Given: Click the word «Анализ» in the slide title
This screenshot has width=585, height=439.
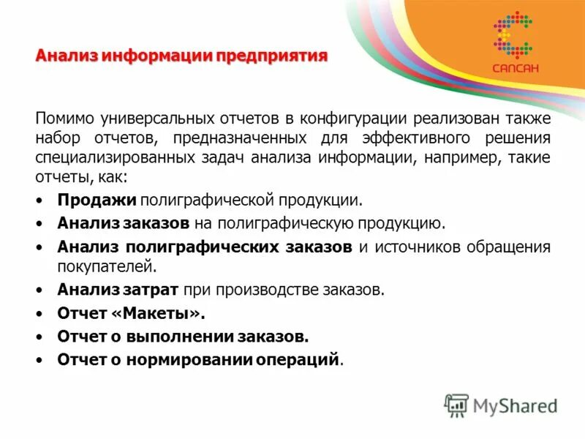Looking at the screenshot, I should pos(66,56).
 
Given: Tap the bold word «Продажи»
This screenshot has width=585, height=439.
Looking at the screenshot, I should pos(97,200).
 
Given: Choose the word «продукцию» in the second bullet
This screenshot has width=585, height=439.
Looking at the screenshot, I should pos(407,222).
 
